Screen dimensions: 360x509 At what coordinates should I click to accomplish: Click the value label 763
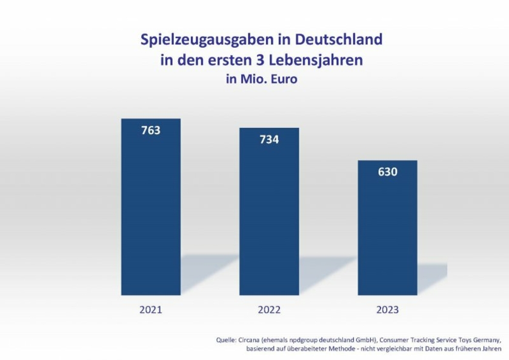pyautogui.click(x=151, y=130)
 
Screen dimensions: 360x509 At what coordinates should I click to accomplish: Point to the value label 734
pyautogui.click(x=269, y=139)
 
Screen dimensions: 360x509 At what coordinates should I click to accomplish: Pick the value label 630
pyautogui.click(x=388, y=172)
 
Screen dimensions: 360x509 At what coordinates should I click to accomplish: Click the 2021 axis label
pyautogui.click(x=151, y=310)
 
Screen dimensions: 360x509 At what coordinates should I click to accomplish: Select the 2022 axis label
pyautogui.click(x=269, y=310)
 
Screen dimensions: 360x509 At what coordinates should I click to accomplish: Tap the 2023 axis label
pyautogui.click(x=388, y=310)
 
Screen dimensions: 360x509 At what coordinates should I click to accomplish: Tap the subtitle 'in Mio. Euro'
pyautogui.click(x=262, y=79)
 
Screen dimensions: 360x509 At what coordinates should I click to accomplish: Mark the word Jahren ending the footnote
pyautogui.click(x=490, y=349)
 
